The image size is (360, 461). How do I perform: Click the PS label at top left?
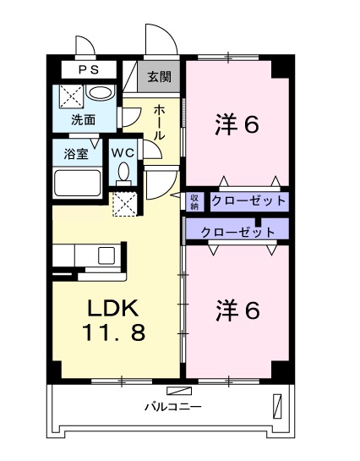click(89, 69)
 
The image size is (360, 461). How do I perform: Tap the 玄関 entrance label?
click(159, 77)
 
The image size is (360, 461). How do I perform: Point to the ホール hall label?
click(160, 123)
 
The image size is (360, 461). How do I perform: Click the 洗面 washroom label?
click(84, 120)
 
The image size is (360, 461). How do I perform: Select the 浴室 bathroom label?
click(76, 154)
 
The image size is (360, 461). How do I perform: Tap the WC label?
click(123, 153)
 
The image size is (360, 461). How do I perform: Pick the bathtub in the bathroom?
click(78, 182)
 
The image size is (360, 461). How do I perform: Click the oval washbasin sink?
click(100, 94)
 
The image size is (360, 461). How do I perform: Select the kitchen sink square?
click(106, 255)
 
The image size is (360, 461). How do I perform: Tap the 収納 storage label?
click(194, 201)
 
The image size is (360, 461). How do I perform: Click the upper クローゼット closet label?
click(248, 201)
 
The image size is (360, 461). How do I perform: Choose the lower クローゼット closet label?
click(237, 233)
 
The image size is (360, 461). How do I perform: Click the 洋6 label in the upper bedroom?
click(237, 125)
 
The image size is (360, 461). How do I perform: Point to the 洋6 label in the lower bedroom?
click(237, 310)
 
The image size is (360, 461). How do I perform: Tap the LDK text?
click(113, 308)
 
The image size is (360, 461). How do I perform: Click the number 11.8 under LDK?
click(114, 332)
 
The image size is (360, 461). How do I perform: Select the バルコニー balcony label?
click(173, 407)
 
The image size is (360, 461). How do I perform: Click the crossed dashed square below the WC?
click(125, 204)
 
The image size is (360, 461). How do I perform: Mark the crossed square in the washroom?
click(72, 96)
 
